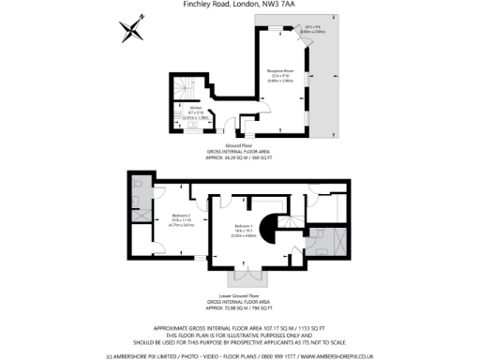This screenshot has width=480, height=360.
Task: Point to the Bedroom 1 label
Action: click(x=244, y=227)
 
